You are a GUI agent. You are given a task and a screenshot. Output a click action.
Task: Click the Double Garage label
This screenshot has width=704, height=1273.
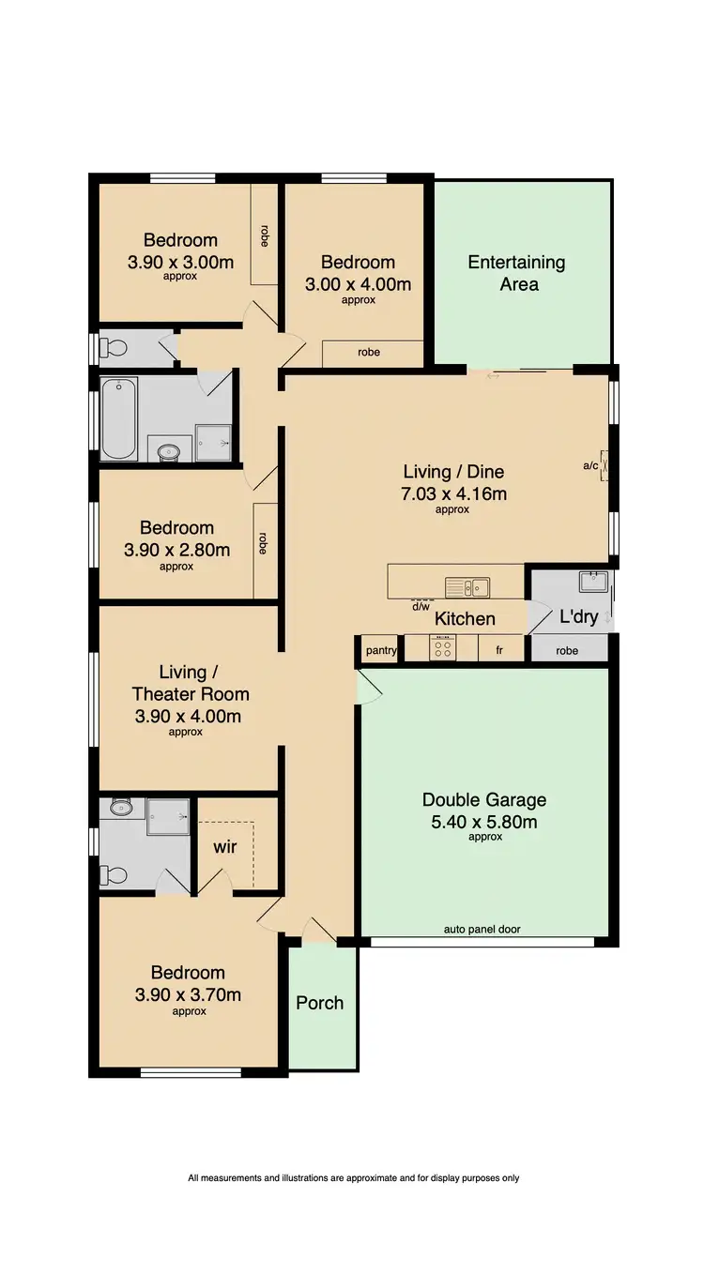point(483,800)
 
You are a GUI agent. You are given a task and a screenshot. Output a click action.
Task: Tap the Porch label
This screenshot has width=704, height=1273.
point(320,1003)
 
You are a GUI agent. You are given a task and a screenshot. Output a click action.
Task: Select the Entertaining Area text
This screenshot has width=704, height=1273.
point(517,272)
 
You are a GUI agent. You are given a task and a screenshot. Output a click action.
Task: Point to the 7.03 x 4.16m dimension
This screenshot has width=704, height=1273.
point(454,493)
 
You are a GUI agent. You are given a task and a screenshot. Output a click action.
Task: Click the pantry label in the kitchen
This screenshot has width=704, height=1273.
point(380,649)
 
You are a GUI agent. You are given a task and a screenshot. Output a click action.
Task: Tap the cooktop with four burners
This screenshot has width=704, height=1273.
point(442,648)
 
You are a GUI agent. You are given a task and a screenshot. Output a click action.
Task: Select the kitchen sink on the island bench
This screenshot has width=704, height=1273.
point(467,587)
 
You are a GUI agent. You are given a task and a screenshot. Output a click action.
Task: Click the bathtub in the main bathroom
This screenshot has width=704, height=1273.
point(119,418)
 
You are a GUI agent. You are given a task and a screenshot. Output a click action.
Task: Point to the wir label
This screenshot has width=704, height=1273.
point(224,847)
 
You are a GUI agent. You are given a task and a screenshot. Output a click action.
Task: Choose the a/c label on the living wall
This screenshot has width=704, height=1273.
point(590,465)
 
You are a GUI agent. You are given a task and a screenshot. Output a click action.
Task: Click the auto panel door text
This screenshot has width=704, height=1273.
point(482,930)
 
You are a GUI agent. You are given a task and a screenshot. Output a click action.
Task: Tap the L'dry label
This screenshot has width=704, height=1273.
point(578,617)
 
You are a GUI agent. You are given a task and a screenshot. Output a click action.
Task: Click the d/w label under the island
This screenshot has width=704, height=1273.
point(421,606)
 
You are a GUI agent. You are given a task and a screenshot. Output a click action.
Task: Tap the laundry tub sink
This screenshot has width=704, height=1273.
point(593,582)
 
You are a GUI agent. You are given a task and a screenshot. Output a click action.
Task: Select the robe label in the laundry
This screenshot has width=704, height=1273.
point(567,650)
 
